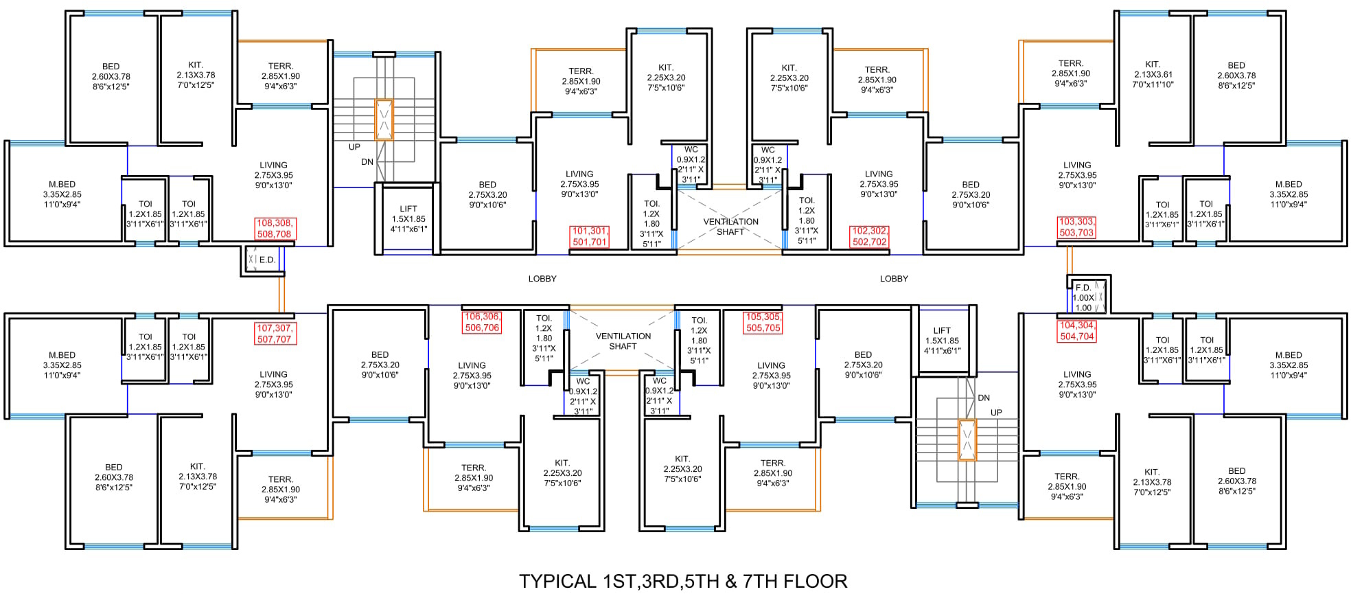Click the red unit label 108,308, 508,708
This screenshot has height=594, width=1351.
tap(274, 229)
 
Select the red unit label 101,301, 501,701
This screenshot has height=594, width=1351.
tap(590, 236)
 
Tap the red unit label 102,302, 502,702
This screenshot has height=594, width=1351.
tap(870, 236)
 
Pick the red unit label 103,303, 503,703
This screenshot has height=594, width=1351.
tap(1076, 227)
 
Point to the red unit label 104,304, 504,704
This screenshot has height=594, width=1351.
tap(1077, 331)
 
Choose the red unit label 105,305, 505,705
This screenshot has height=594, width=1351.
tap(763, 323)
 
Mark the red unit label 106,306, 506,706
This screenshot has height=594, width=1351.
tap(482, 322)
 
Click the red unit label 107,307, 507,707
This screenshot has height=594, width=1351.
tap(275, 334)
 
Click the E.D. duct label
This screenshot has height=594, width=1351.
tap(267, 260)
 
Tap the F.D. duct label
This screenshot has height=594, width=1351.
tap(1083, 288)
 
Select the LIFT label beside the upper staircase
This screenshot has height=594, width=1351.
tap(408, 209)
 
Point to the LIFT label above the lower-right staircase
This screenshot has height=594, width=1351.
tap(942, 330)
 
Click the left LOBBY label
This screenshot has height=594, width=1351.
tap(542, 279)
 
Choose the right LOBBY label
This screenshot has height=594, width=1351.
tap(894, 279)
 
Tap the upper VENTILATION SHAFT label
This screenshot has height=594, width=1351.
tap(730, 227)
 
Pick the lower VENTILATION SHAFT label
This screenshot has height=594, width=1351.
tap(623, 341)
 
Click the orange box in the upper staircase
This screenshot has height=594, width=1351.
tap(384, 120)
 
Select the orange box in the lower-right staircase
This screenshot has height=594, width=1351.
tap(967, 440)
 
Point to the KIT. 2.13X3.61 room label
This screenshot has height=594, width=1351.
tap(1153, 74)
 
